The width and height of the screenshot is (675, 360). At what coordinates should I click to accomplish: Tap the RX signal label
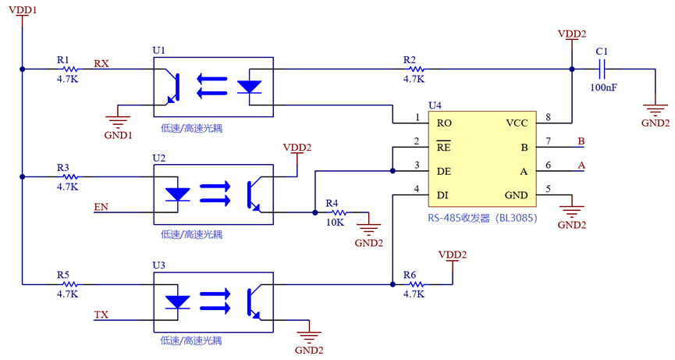101,62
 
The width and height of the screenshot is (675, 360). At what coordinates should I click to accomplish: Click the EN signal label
101,207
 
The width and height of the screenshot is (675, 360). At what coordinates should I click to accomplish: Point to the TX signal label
101,315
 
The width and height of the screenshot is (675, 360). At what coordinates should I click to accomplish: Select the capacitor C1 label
602,52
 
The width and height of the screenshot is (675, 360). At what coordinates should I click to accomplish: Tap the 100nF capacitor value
603,87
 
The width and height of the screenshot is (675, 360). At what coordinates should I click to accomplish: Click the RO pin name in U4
445,123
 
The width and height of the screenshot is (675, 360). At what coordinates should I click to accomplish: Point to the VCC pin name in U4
517,123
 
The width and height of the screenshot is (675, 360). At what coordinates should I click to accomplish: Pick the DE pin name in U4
445,171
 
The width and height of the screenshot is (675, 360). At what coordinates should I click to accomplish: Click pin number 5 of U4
549,188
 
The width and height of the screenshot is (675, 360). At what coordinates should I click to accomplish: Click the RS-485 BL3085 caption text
482,219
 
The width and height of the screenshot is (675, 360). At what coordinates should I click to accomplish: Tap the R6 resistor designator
410,275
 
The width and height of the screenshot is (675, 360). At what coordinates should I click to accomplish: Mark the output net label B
581,141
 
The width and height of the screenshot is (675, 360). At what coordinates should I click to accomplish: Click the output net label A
581,165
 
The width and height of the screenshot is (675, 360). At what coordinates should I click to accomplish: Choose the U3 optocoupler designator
159,266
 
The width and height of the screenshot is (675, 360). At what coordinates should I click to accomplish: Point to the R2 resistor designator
410,59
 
